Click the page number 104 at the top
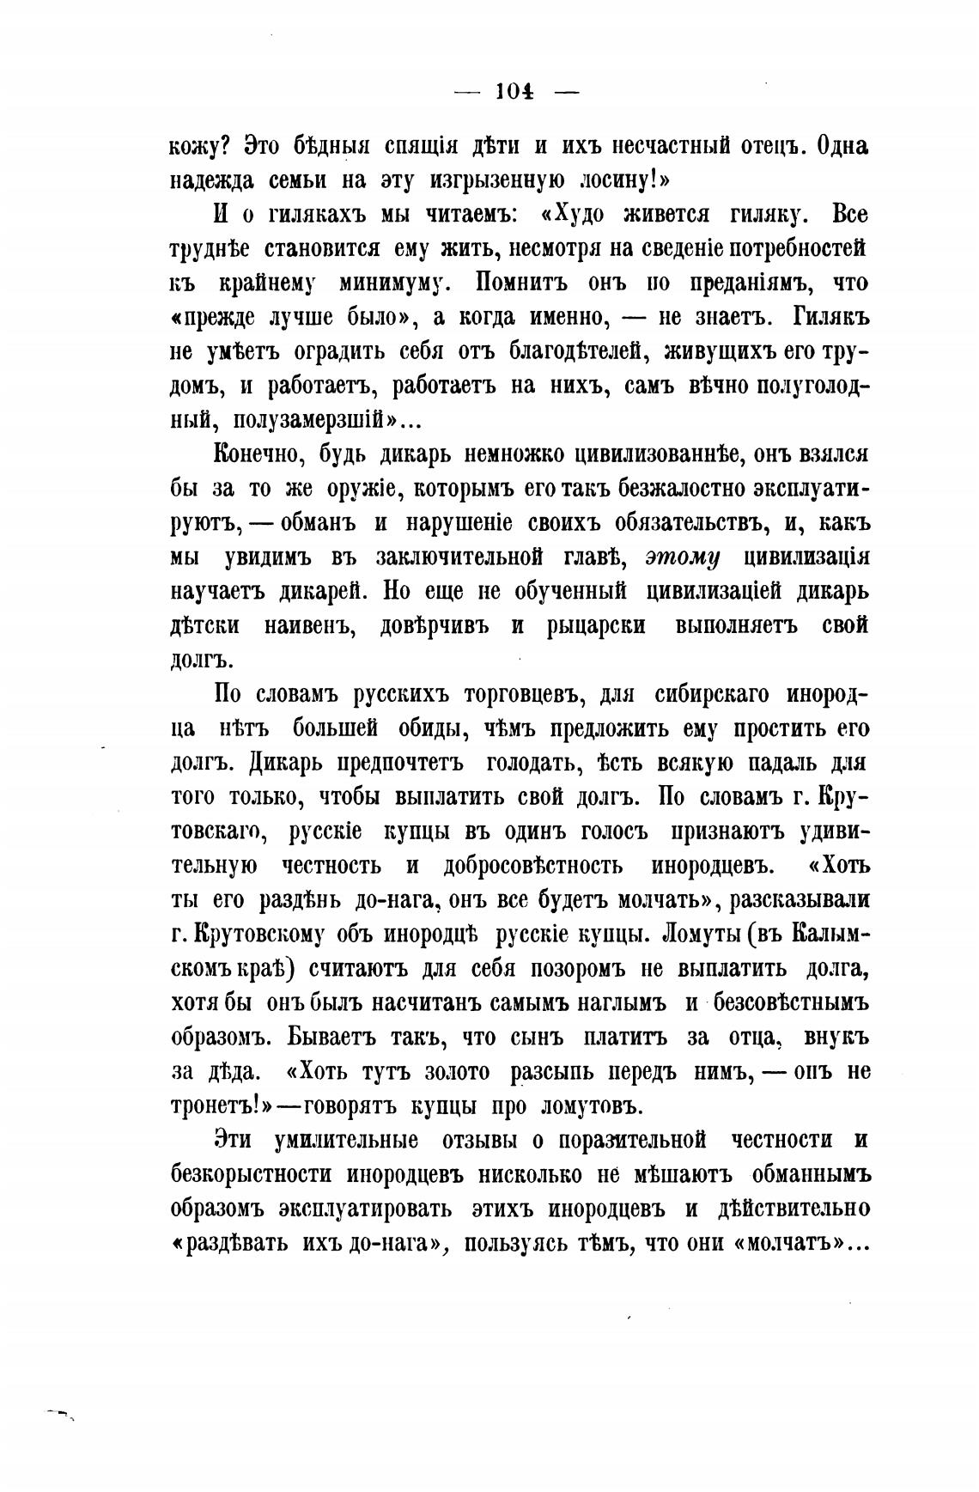tap(515, 92)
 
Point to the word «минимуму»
tap(397, 283)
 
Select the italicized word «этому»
tap(683, 557)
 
